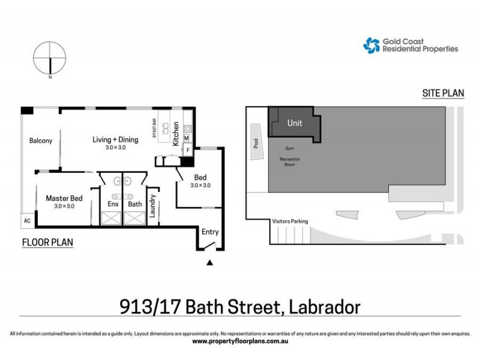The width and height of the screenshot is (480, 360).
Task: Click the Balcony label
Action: [41, 141]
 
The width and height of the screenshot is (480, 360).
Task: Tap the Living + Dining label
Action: [115, 140]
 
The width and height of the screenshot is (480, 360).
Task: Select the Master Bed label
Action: [64, 198]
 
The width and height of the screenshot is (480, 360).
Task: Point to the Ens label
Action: [113, 204]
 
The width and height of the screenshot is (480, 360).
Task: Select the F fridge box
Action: [187, 149]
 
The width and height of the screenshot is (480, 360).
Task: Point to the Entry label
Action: [210, 232]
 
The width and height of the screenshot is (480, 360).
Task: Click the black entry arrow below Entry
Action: [209, 262]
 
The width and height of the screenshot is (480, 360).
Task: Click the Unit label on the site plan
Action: [295, 123]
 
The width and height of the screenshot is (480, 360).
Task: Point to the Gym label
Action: [290, 147]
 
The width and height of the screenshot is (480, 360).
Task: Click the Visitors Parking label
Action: [290, 221]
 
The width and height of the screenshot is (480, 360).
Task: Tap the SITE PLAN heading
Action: [444, 93]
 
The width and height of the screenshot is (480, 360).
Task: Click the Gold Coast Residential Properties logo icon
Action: [371, 46]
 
